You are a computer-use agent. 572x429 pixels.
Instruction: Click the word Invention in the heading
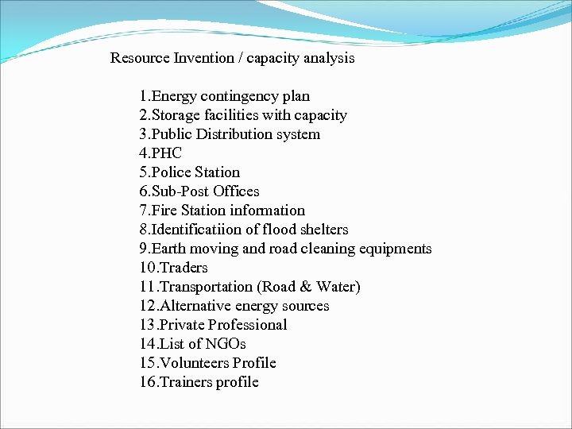(204, 58)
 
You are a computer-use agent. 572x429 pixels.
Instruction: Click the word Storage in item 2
(175, 116)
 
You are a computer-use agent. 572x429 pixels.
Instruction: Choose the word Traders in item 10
(183, 268)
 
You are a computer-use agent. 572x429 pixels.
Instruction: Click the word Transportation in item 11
(206, 287)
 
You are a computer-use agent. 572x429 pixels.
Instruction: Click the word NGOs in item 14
(226, 344)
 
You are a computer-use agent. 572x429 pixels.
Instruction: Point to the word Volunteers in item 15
(195, 363)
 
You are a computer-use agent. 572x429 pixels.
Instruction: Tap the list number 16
(147, 382)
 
